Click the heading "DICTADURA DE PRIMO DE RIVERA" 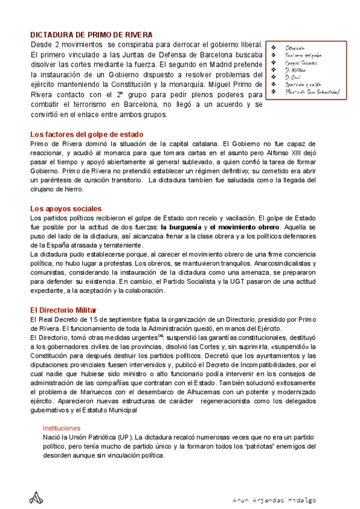91,35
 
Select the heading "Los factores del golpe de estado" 86,134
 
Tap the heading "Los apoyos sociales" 65,208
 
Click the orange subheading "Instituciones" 70,428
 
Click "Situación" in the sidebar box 295,47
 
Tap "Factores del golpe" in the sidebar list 304,55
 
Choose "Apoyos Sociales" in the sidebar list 301,62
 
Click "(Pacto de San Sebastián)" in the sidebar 312,92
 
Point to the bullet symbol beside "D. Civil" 274,77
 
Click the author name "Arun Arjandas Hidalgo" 274,500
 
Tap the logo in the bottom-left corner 37,498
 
